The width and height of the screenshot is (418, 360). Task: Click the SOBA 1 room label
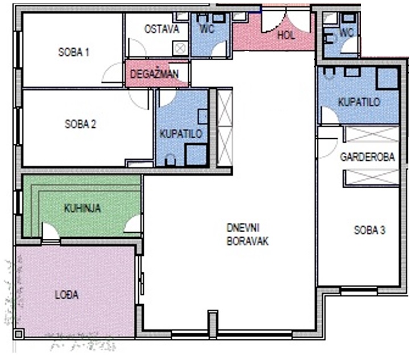pos(73,52)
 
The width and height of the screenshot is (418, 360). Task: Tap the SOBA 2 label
pos(80,124)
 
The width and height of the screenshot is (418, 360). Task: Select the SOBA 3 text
pos(370,230)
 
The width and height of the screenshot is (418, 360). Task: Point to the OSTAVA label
pos(162,29)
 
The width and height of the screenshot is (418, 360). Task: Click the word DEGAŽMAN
pos(154,73)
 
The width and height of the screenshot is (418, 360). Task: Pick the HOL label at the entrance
pos(286,35)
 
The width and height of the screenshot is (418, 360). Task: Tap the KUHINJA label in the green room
pos(82,208)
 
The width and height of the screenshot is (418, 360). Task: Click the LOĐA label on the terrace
pos(67,295)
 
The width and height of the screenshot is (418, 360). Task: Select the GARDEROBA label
pos(367,157)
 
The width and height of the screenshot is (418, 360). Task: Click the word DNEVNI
pos(243,228)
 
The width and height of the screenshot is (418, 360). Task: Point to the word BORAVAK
pos(247,241)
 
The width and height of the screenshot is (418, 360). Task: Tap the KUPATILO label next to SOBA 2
pos(181,134)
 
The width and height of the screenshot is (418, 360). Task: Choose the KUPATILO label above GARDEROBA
pos(359,102)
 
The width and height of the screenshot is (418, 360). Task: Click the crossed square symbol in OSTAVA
pos(180,48)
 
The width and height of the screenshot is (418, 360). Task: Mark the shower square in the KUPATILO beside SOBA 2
pos(196,155)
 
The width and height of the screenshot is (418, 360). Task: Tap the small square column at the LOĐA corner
pos(19,334)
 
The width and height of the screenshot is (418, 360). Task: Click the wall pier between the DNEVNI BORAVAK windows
pos(213,324)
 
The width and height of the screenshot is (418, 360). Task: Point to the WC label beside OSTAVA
pos(207,28)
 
